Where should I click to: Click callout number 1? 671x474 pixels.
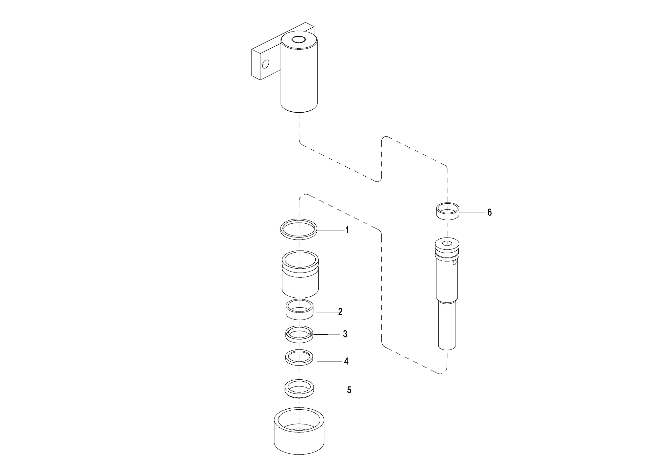(x=347, y=230)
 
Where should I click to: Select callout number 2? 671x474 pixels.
(x=340, y=311)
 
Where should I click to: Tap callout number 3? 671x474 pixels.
(x=345, y=334)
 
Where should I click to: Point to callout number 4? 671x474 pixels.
(x=346, y=361)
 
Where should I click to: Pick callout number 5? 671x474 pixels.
(x=349, y=390)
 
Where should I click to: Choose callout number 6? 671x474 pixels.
(x=489, y=212)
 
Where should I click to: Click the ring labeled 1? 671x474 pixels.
(x=299, y=229)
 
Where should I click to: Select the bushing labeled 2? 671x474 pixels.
(x=300, y=310)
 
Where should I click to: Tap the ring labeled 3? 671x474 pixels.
(x=299, y=335)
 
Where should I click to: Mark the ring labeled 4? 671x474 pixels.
(x=299, y=358)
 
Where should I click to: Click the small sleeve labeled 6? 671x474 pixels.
(x=448, y=211)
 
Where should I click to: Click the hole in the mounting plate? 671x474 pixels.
(x=265, y=64)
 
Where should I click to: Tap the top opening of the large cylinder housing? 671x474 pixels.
(x=299, y=39)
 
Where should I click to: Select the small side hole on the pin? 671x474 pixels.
(x=455, y=263)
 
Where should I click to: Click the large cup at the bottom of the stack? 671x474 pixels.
(x=299, y=431)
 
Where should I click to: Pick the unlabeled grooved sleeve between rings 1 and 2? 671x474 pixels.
(x=300, y=274)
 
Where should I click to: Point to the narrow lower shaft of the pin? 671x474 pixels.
(x=447, y=325)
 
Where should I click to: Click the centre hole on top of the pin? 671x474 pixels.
(x=447, y=244)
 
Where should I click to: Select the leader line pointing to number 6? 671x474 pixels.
(x=472, y=213)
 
